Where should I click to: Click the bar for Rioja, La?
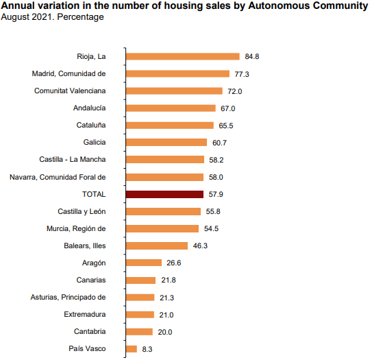pyautogui.click(x=182, y=56)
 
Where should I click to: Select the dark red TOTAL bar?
pyautogui.click(x=164, y=194)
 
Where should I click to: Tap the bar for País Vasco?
pyautogui.click(x=132, y=349)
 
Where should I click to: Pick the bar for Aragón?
pyautogui.click(x=144, y=263)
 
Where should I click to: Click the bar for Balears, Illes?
pyautogui.click(x=157, y=245)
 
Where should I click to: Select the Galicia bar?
pyautogui.click(x=166, y=142)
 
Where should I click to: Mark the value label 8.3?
pyautogui.click(x=147, y=349)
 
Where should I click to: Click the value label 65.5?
pyautogui.click(x=226, y=125)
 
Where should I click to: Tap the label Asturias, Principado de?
pyautogui.click(x=69, y=297)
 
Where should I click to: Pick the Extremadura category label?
pyautogui.click(x=84, y=315)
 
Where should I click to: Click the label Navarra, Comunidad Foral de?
pyautogui.click(x=58, y=177)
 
